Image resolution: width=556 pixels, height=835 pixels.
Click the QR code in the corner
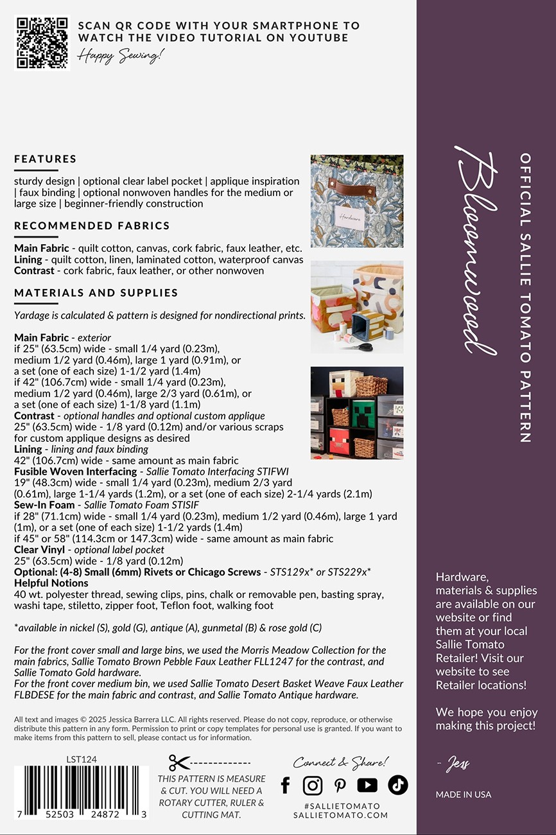[42, 42]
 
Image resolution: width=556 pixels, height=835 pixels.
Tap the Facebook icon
[286, 785]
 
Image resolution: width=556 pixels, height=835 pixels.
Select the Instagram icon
[313, 785]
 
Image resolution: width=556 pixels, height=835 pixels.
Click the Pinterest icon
[340, 785]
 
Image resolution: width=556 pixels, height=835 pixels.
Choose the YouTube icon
[367, 785]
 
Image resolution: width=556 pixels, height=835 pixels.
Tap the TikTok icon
[397, 785]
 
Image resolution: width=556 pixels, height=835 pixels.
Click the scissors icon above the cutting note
[180, 762]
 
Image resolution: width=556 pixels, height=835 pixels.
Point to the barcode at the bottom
[81, 793]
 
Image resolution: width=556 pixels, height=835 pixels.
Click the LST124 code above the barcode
[82, 759]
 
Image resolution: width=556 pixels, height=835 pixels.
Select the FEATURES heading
[46, 159]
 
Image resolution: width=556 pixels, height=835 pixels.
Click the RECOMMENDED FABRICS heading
[92, 225]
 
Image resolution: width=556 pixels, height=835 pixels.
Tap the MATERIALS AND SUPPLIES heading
[96, 292]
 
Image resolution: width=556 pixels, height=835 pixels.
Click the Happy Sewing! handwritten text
[121, 56]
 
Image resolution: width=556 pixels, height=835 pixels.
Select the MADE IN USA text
[464, 795]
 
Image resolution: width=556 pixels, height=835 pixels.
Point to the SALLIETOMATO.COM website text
[341, 815]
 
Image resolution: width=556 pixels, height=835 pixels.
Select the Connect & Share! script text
[341, 762]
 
